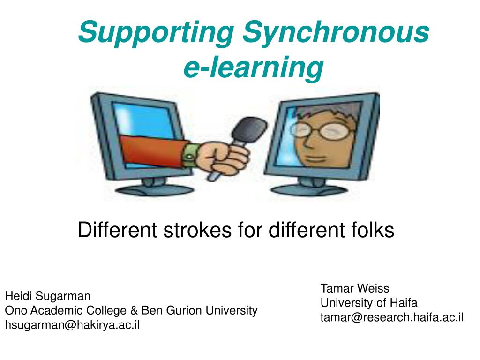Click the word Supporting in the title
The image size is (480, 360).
pyautogui.click(x=156, y=33)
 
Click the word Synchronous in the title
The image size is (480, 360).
pyautogui.click(x=336, y=33)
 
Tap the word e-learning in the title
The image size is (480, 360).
pyautogui.click(x=253, y=67)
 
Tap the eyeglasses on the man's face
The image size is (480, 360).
pyautogui.click(x=328, y=131)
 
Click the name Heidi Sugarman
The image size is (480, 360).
pyautogui.click(x=47, y=296)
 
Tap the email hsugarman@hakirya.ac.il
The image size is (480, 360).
pyautogui.click(x=72, y=325)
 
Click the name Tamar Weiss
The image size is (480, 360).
pyautogui.click(x=354, y=288)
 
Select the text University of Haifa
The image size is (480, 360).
pyautogui.click(x=368, y=303)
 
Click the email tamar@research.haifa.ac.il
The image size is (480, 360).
pyautogui.click(x=392, y=317)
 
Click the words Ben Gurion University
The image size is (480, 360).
pyautogui.click(x=200, y=310)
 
